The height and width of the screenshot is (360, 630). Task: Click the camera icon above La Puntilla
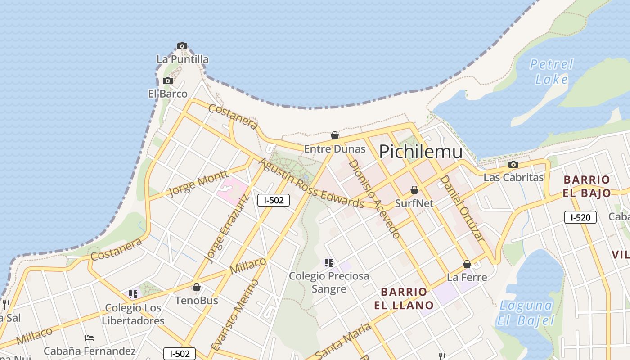tap(182, 46)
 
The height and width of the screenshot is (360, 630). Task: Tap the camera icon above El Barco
tap(168, 81)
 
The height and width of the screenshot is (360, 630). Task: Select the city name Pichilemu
tap(420, 152)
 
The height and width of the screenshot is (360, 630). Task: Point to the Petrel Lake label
tap(551, 72)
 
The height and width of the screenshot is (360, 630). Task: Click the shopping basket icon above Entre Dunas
tap(335, 135)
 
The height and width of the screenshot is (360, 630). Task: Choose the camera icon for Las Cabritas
tap(513, 165)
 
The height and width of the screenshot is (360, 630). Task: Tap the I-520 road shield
tap(580, 218)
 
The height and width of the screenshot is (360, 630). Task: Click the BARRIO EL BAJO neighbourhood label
tap(587, 186)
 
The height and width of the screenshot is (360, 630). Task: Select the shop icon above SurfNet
tap(414, 190)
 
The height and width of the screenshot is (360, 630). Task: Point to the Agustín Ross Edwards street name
tap(311, 183)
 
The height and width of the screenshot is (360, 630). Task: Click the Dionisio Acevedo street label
tap(374, 198)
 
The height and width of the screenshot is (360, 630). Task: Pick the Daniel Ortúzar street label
tap(462, 207)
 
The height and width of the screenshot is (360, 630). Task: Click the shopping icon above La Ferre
tap(467, 264)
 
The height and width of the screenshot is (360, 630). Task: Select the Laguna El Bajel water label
tap(526, 313)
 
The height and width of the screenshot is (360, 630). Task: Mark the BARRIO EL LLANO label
tap(404, 298)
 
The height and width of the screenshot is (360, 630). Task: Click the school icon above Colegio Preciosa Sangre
tap(329, 263)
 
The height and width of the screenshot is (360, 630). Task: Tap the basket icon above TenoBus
tap(197, 287)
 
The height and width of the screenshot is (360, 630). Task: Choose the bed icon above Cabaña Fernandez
tap(90, 338)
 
